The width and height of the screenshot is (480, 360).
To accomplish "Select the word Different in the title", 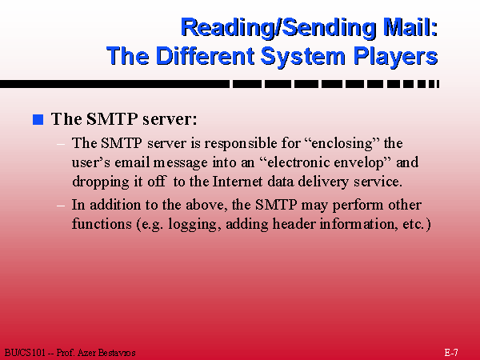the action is pyautogui.click(x=205, y=56).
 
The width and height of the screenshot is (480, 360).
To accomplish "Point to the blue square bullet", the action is pyautogui.click(x=38, y=119).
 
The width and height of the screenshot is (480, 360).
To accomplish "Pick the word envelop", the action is pyautogui.click(x=362, y=163).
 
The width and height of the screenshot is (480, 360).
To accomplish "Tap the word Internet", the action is pyautogui.click(x=238, y=182).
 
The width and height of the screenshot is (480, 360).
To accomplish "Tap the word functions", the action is pyautogui.click(x=102, y=224).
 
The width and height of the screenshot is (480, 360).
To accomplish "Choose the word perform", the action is pyautogui.click(x=358, y=206).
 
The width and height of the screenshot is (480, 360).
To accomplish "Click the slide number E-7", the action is pyautogui.click(x=451, y=353).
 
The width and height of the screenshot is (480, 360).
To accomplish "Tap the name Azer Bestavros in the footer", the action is pyautogui.click(x=106, y=353).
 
